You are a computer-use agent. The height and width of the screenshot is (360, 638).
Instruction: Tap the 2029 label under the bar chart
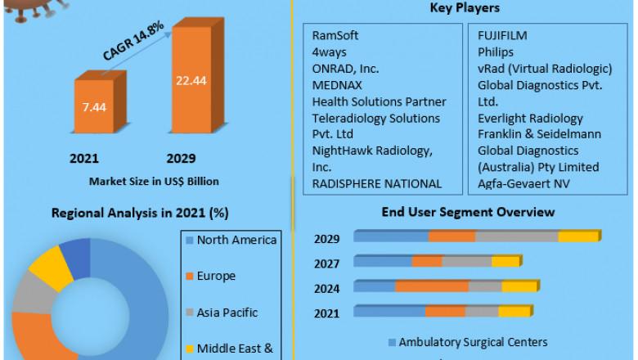click(181, 158)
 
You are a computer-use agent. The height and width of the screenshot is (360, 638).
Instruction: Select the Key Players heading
click(465, 8)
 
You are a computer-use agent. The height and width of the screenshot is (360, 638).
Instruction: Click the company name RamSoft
click(335, 36)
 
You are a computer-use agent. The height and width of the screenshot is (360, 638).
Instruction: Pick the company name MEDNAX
click(337, 85)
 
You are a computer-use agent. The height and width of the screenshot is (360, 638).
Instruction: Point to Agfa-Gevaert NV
click(523, 183)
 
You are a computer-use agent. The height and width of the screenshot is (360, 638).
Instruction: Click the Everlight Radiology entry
click(531, 118)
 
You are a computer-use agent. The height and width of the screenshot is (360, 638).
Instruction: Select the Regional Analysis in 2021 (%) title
click(141, 213)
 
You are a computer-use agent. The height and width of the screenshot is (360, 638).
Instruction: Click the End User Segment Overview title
click(469, 212)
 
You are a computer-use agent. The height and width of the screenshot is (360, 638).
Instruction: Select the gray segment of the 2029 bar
click(516, 236)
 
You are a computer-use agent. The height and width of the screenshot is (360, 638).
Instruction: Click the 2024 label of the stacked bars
click(327, 287)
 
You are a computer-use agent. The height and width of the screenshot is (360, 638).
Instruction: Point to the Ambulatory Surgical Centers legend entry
click(467, 342)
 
